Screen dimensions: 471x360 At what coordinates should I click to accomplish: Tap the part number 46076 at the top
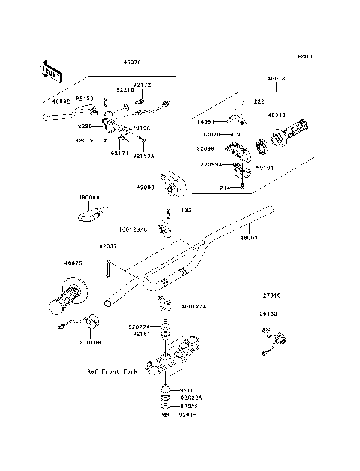131,64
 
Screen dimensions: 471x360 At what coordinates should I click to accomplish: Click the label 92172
142,85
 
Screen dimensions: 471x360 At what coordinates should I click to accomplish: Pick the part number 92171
119,153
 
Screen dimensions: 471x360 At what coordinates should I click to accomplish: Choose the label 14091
207,121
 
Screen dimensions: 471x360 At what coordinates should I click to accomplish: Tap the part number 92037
108,244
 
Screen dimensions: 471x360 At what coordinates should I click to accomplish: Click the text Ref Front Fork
113,371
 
